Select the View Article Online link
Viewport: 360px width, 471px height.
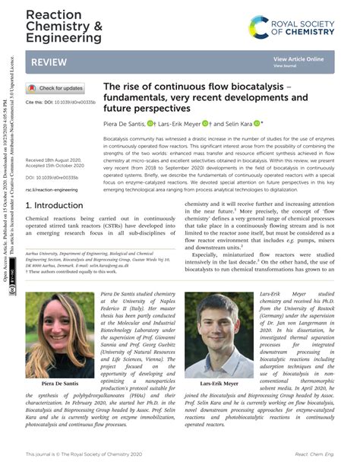[298, 58]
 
